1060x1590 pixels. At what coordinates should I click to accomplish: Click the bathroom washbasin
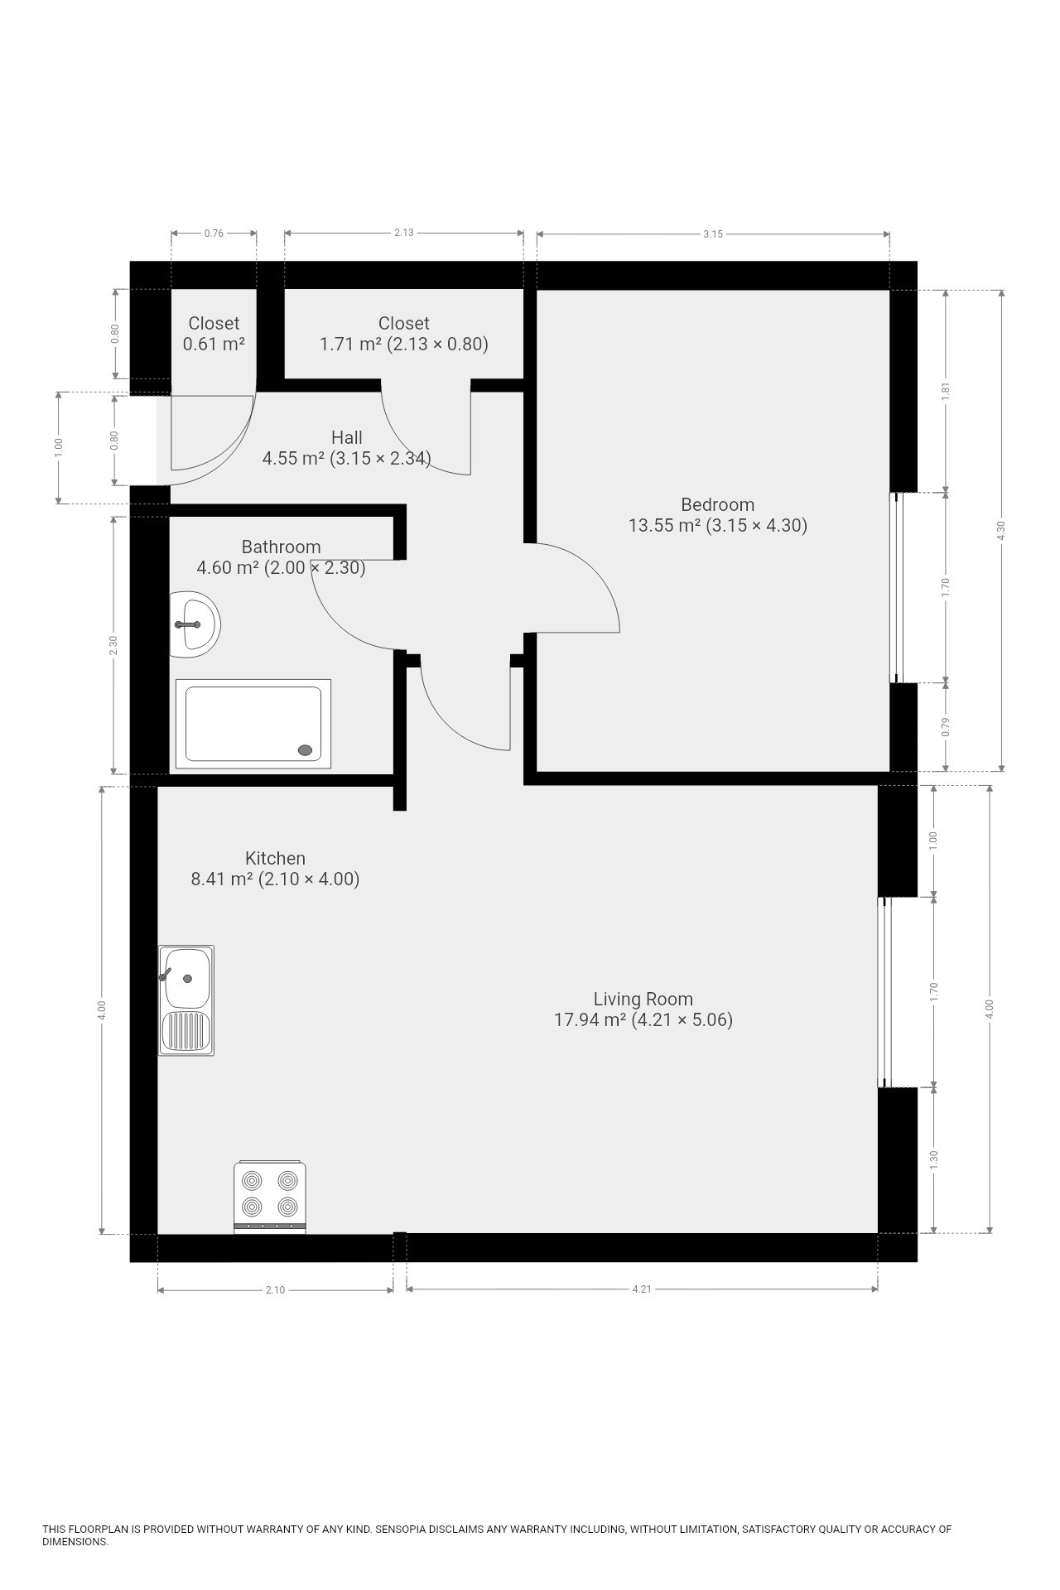click(195, 624)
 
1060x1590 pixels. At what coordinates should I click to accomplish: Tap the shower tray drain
click(306, 750)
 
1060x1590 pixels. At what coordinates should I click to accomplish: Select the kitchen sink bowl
click(187, 978)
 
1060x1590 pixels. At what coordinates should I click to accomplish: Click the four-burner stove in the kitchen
click(270, 1197)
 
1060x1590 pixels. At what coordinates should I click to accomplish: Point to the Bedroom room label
click(717, 504)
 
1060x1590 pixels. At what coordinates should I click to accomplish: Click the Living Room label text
click(643, 999)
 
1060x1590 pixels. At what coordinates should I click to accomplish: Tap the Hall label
click(347, 437)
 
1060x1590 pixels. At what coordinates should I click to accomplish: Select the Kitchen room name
click(275, 858)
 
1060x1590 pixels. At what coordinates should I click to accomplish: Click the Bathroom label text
click(281, 547)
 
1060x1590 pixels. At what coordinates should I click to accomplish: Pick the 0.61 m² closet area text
click(214, 344)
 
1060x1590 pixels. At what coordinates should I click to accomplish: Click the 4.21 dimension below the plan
click(642, 1289)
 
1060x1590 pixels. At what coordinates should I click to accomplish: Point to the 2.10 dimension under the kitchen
click(275, 1290)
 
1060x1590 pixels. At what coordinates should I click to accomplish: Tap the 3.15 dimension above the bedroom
click(713, 234)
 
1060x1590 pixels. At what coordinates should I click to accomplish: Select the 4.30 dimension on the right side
click(1001, 531)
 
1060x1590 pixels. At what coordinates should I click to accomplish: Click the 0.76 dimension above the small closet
click(214, 234)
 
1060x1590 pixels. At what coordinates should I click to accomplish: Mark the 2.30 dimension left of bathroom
click(113, 645)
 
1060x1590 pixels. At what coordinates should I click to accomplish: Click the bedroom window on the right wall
click(897, 588)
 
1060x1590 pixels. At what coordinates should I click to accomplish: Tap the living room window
click(884, 992)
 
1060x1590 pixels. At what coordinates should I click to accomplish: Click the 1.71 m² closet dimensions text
click(404, 344)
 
